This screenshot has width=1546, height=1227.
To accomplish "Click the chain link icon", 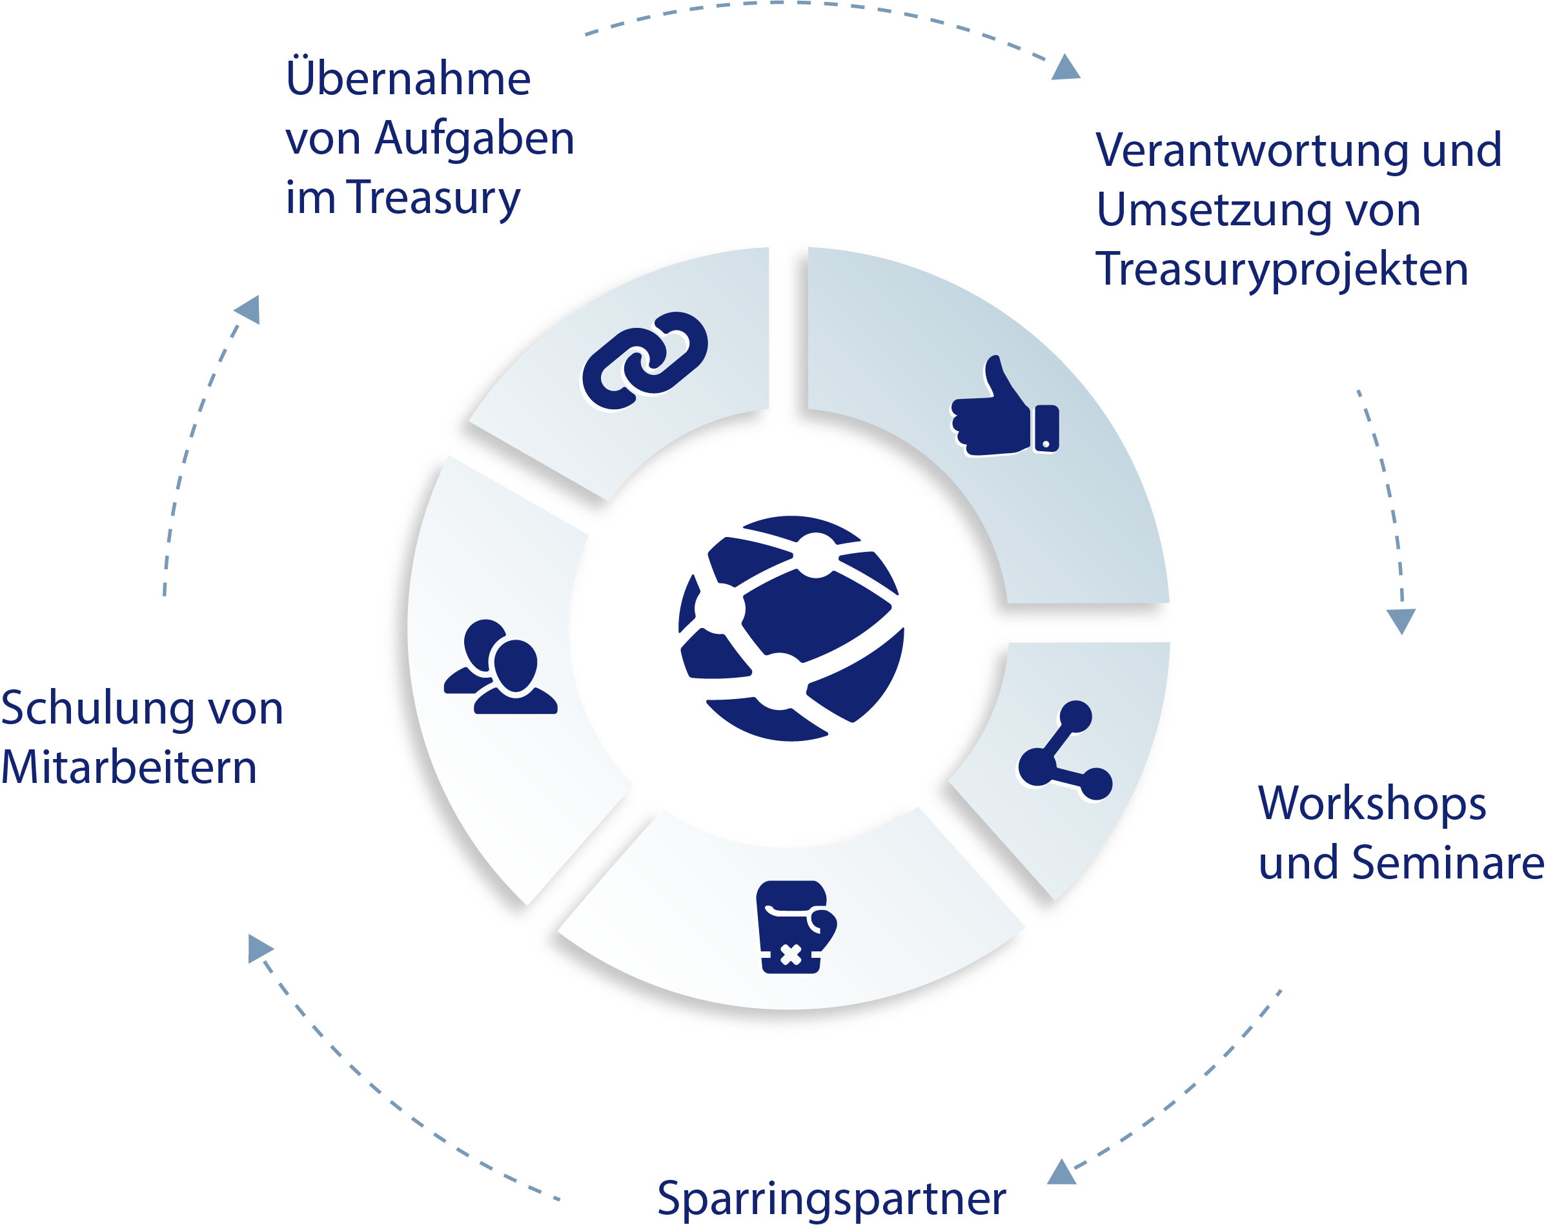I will coord(645,361).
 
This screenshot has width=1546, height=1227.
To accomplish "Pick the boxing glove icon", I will coord(795,926).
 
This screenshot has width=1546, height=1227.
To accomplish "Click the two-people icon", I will coord(500,667).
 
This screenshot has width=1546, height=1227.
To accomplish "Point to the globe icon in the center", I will coord(791,628).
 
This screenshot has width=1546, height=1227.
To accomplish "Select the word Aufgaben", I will coord(474,137).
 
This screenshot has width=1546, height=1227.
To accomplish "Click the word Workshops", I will coord(1372,804).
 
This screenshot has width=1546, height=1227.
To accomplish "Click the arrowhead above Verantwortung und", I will coord(1066,67).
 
